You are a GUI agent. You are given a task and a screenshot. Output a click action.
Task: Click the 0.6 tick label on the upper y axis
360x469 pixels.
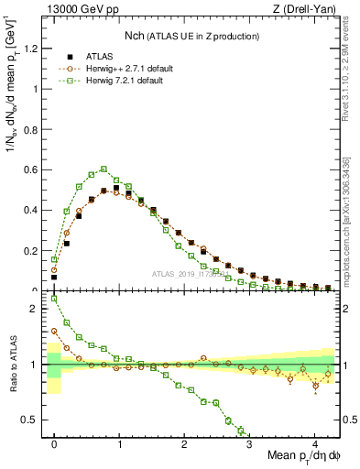(x=34, y=169)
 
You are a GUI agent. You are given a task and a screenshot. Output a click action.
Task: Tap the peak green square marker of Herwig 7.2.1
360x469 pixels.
(x=104, y=169)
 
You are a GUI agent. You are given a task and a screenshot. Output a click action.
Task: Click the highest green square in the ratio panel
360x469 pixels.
(x=54, y=299)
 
